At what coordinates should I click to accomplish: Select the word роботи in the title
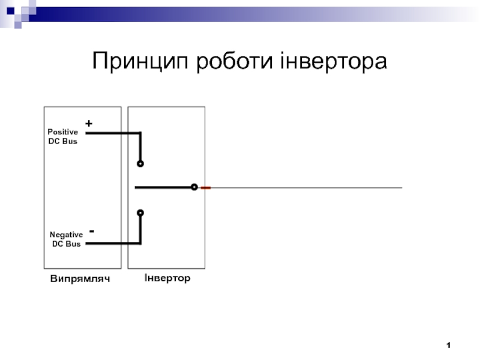234,61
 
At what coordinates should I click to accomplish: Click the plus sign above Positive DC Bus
89,124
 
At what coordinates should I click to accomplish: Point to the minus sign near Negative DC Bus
92,231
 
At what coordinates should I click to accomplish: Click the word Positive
63,132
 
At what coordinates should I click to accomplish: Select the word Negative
66,235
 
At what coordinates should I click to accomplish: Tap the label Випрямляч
80,279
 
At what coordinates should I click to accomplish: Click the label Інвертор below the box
167,278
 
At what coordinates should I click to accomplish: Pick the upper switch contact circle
140,164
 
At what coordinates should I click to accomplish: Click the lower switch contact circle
140,213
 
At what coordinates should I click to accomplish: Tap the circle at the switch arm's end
194,187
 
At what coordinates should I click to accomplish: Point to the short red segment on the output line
205,188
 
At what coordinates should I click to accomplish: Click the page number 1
448,346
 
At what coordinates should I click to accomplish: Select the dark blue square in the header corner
10,11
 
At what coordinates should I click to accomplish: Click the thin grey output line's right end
402,188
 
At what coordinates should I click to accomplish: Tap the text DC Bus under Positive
63,141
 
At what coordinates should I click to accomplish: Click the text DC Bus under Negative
66,244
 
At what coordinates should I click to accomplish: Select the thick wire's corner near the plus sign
140,133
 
